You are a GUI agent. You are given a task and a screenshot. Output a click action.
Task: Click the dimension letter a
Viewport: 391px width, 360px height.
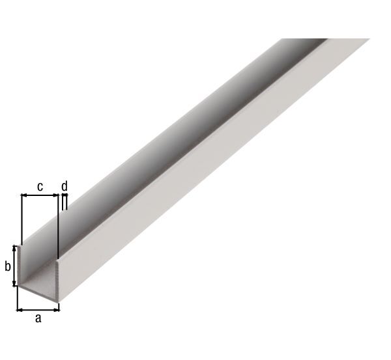point(38,318)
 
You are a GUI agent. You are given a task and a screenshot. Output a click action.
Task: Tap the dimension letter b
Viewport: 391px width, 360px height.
point(7,266)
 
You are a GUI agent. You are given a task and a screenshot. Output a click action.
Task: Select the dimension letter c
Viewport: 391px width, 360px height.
point(39,186)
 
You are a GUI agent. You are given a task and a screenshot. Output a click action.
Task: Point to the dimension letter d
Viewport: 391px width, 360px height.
point(64,186)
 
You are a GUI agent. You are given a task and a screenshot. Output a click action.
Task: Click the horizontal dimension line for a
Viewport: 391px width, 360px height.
point(38,309)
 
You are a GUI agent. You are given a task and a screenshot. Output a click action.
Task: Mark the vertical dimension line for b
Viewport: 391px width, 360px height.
point(15,266)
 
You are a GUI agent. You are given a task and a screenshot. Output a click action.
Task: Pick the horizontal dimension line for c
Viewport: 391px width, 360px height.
point(39,195)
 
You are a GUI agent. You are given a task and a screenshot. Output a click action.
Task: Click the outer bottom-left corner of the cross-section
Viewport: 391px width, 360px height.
point(18,287)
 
